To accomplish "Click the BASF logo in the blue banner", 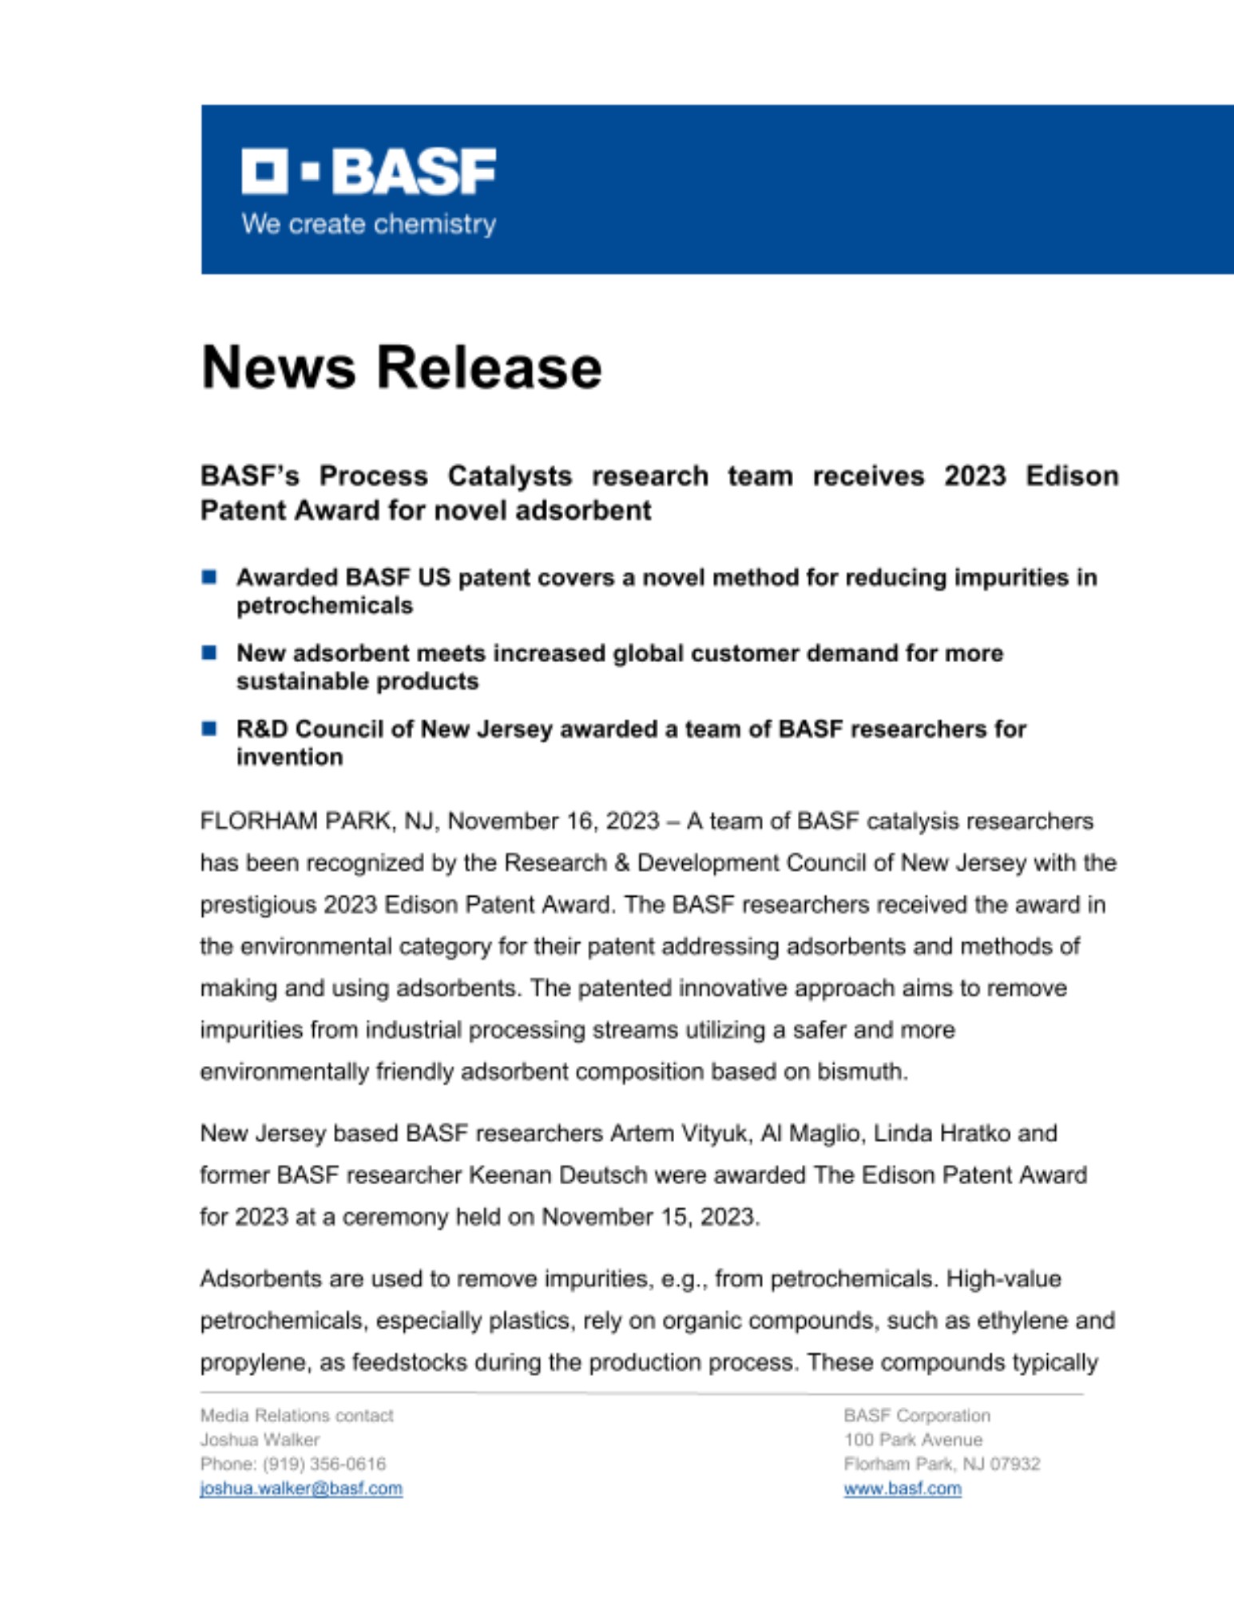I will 368,171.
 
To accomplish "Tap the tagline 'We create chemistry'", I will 368,224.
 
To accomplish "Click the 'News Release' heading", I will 401,368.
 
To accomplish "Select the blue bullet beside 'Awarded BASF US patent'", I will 209,577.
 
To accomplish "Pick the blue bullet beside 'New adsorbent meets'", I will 209,653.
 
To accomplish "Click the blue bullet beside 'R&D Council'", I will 209,728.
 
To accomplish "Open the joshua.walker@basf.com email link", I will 301,1488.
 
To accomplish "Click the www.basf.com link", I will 903,1488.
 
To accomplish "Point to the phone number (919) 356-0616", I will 324,1464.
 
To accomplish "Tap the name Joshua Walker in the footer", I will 260,1440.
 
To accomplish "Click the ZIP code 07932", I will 1015,1464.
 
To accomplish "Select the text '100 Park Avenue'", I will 913,1440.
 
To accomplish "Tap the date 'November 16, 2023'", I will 554,822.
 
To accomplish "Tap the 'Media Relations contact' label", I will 296,1416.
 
